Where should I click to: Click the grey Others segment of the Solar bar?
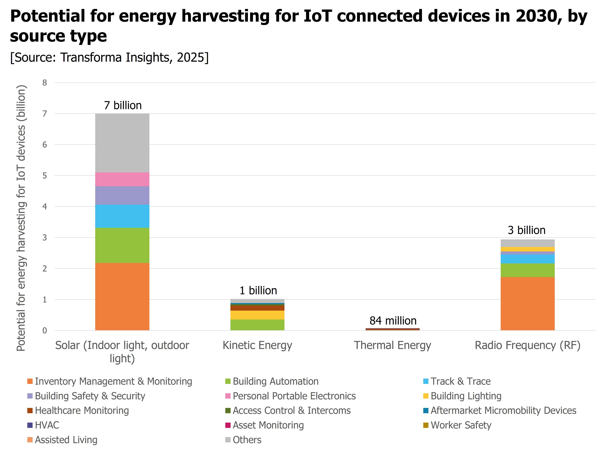click(122, 143)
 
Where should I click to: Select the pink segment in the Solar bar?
click(122, 179)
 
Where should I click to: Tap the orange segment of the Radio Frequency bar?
click(528, 304)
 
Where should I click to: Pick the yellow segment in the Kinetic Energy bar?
click(257, 315)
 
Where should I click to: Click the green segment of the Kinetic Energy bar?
click(257, 325)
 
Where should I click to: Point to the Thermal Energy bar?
click(392, 329)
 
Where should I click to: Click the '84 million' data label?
click(393, 321)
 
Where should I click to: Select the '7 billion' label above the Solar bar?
click(123, 105)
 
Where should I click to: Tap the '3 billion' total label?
click(526, 230)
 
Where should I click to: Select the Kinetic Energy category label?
click(257, 345)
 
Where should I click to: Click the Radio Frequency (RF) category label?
click(528, 345)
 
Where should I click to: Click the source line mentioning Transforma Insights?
click(109, 58)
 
